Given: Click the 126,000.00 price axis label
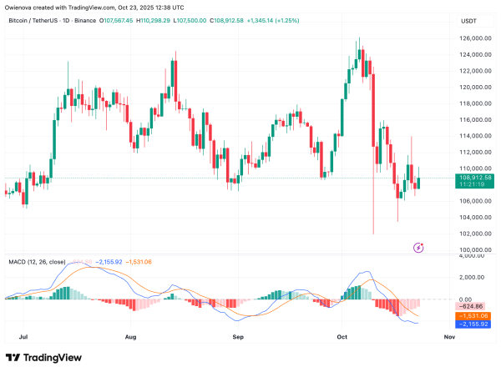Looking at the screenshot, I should coord(475,38).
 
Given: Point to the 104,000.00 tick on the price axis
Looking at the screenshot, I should coord(475,218).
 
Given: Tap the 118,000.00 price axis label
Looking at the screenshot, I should coord(475,103).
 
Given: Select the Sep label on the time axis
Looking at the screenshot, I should coord(238,338).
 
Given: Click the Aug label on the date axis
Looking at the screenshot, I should coord(131,338).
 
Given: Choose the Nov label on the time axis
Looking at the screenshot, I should coord(448,338).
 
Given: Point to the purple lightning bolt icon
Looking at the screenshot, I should coord(418,247).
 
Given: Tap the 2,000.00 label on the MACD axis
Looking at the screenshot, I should coord(473,277).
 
